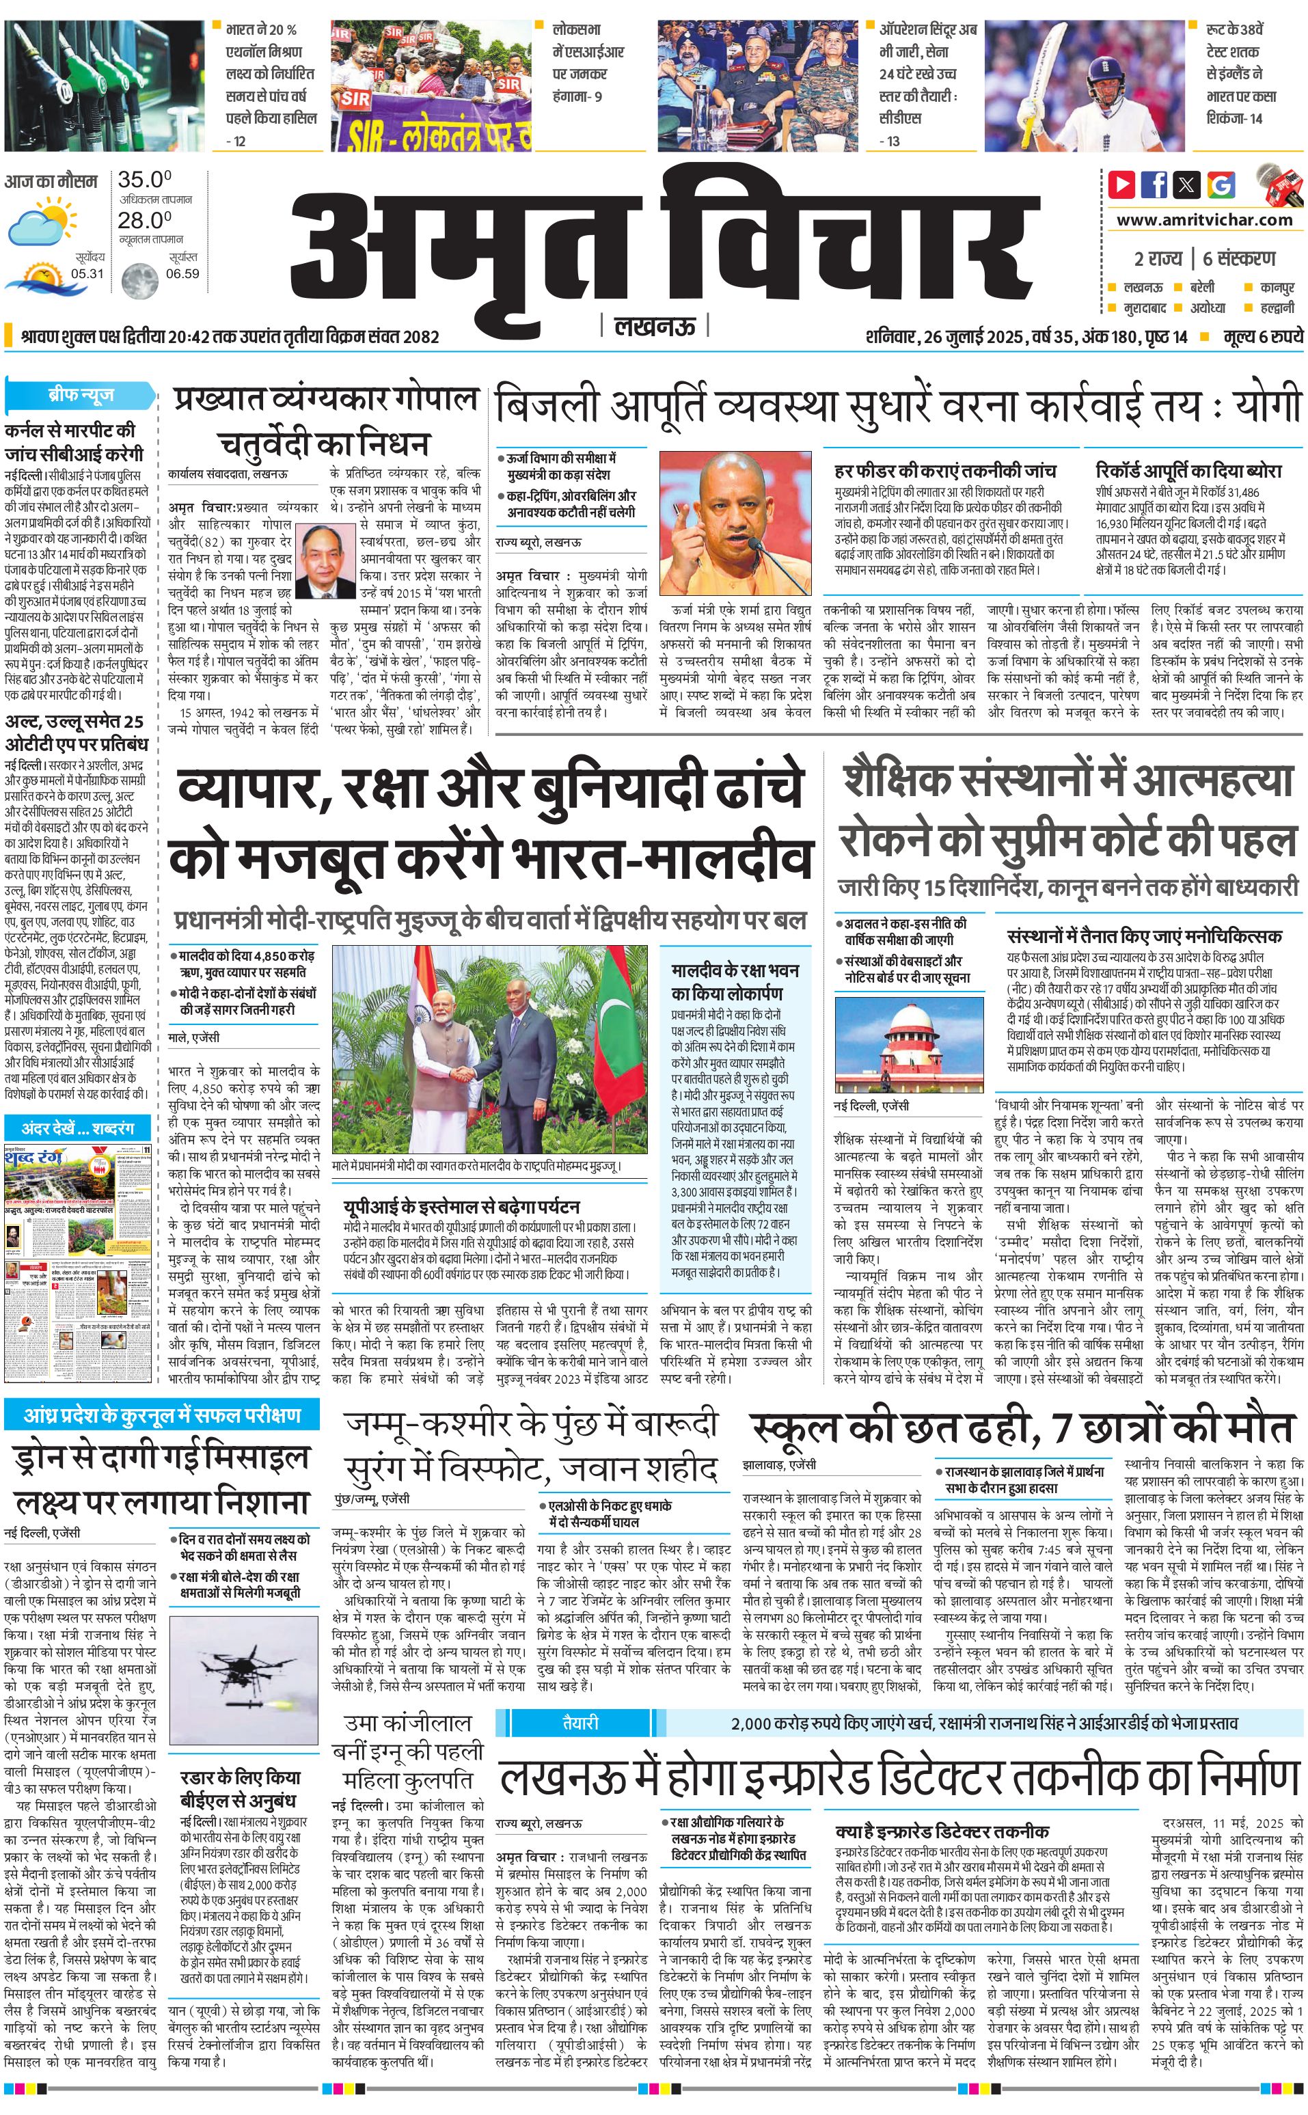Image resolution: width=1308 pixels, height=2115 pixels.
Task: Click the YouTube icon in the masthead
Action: pyautogui.click(x=1121, y=185)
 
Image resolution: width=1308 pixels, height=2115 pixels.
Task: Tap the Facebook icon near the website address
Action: pyautogui.click(x=1154, y=185)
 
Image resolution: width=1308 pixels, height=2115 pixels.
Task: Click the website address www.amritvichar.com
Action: pyautogui.click(x=1204, y=220)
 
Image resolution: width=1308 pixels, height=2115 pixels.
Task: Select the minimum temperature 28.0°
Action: pyautogui.click(x=144, y=220)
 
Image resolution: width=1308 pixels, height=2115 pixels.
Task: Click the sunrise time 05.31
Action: pyautogui.click(x=87, y=273)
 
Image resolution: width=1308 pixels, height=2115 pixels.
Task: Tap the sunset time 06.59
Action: pyautogui.click(x=182, y=273)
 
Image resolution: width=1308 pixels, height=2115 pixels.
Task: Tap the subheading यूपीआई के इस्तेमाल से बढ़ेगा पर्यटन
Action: pyautogui.click(x=461, y=1207)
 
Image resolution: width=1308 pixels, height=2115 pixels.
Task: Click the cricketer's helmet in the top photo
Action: pyautogui.click(x=1105, y=68)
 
